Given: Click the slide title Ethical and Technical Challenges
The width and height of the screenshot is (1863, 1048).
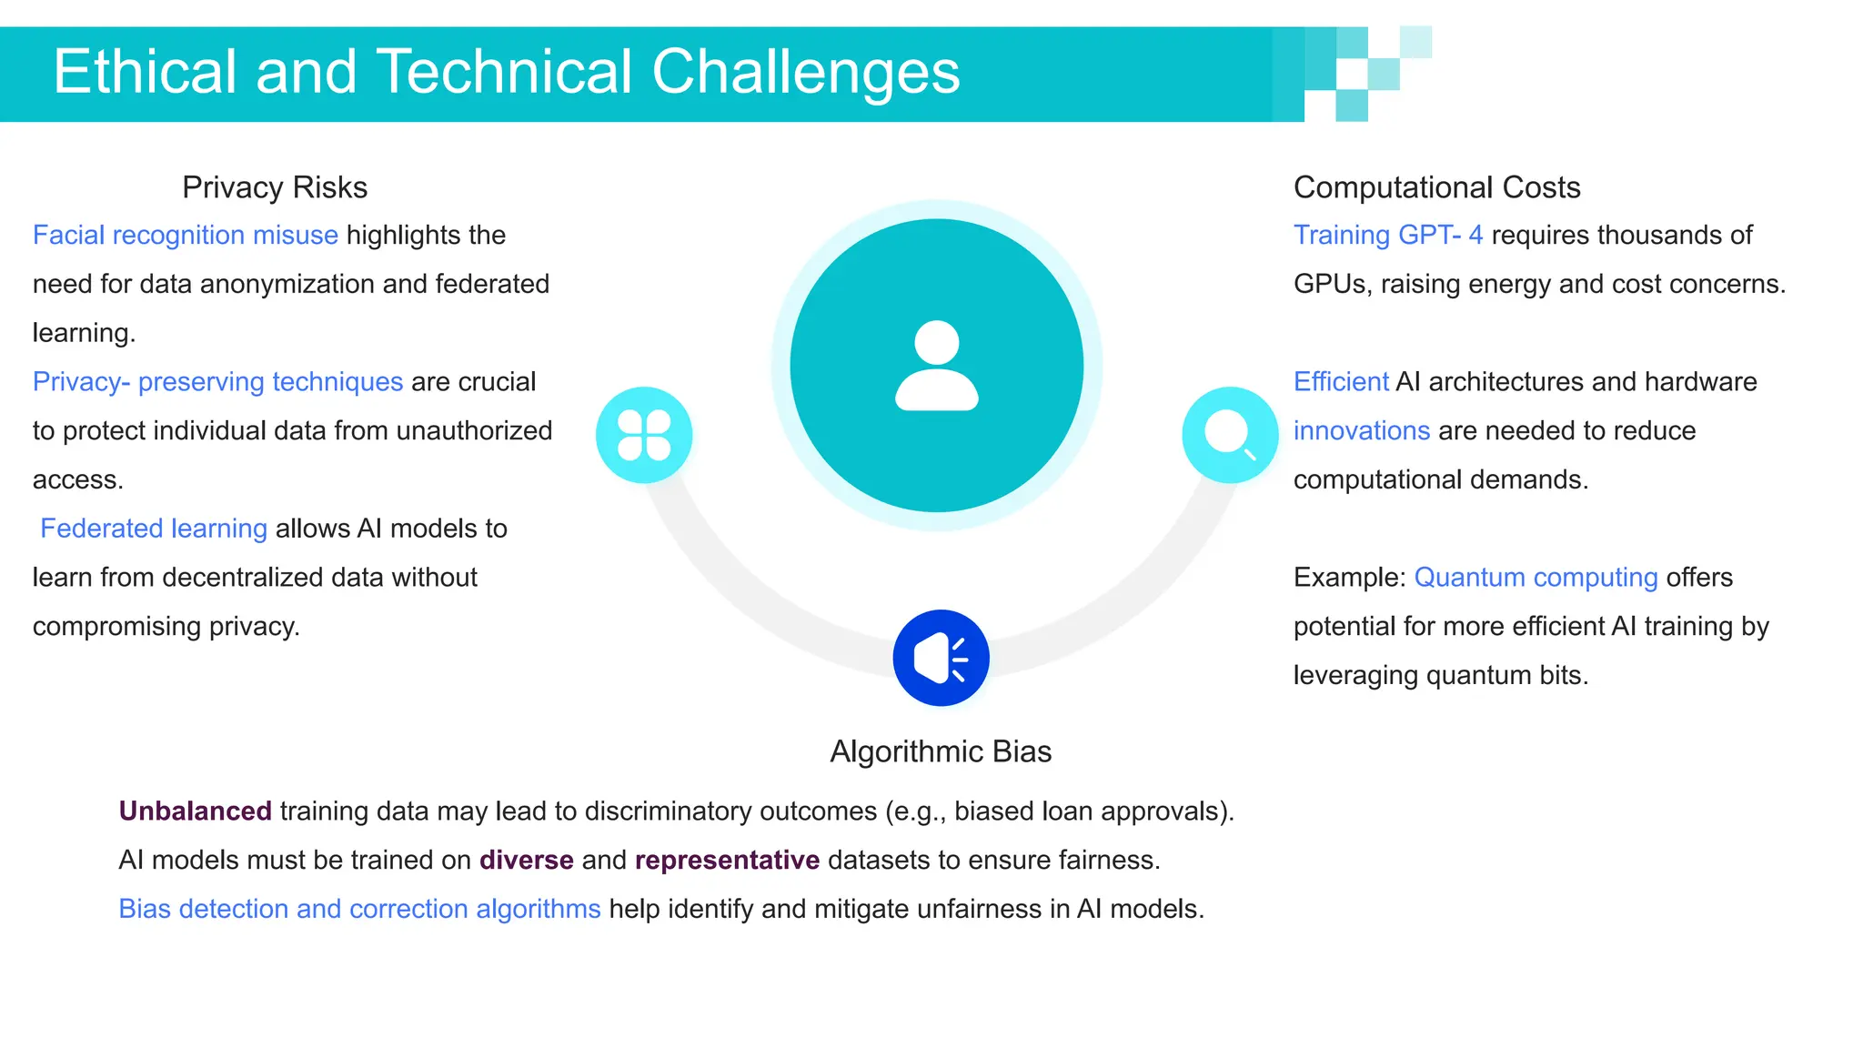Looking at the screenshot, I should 506,73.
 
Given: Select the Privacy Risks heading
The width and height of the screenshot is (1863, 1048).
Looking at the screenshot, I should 274,187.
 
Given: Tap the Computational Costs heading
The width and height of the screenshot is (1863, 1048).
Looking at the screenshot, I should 1436,187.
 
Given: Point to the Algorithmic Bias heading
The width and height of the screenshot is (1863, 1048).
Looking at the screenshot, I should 941,751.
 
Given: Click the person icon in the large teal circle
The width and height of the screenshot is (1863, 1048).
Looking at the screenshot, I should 936,366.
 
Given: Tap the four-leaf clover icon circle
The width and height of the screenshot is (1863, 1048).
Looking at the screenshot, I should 644,435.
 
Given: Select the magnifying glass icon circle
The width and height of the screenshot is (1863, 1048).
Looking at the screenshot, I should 1230,435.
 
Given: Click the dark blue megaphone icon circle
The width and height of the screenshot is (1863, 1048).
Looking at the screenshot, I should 941,658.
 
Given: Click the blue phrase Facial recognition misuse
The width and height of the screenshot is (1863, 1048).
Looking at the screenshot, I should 186,236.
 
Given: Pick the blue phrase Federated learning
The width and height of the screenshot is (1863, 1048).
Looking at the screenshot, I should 154,529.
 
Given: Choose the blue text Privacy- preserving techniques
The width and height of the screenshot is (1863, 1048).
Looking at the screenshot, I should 217,382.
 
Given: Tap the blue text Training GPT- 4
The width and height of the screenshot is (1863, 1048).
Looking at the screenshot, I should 1388,236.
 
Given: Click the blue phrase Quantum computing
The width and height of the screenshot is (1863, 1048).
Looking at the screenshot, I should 1536,578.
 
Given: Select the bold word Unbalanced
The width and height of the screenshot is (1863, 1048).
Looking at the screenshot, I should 195,811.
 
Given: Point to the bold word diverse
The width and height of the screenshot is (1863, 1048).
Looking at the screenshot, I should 526,860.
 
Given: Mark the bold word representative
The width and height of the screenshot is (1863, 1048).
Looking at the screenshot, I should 727,860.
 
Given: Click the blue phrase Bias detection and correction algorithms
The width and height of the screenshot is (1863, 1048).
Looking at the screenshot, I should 359,909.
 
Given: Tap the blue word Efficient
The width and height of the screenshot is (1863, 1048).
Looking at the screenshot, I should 1341,382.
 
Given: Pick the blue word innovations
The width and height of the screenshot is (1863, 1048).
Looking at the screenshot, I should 1362,431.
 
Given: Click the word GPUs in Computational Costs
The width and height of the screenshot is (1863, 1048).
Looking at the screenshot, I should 1330,285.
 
